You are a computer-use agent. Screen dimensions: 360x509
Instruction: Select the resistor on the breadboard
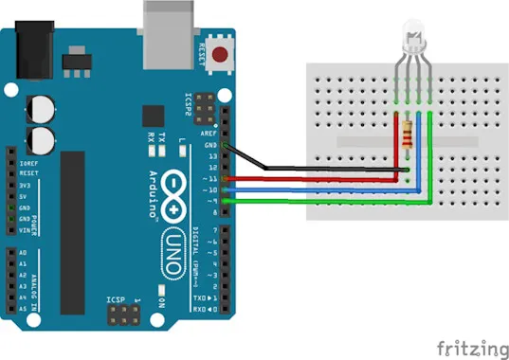pos(409,137)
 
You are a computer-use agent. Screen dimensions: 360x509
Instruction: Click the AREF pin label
pos(208,134)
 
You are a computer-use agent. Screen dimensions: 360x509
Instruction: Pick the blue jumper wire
pos(313,189)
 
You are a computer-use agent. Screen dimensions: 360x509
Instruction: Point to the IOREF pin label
pos(27,163)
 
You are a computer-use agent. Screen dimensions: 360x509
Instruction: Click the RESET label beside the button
pos(203,54)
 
